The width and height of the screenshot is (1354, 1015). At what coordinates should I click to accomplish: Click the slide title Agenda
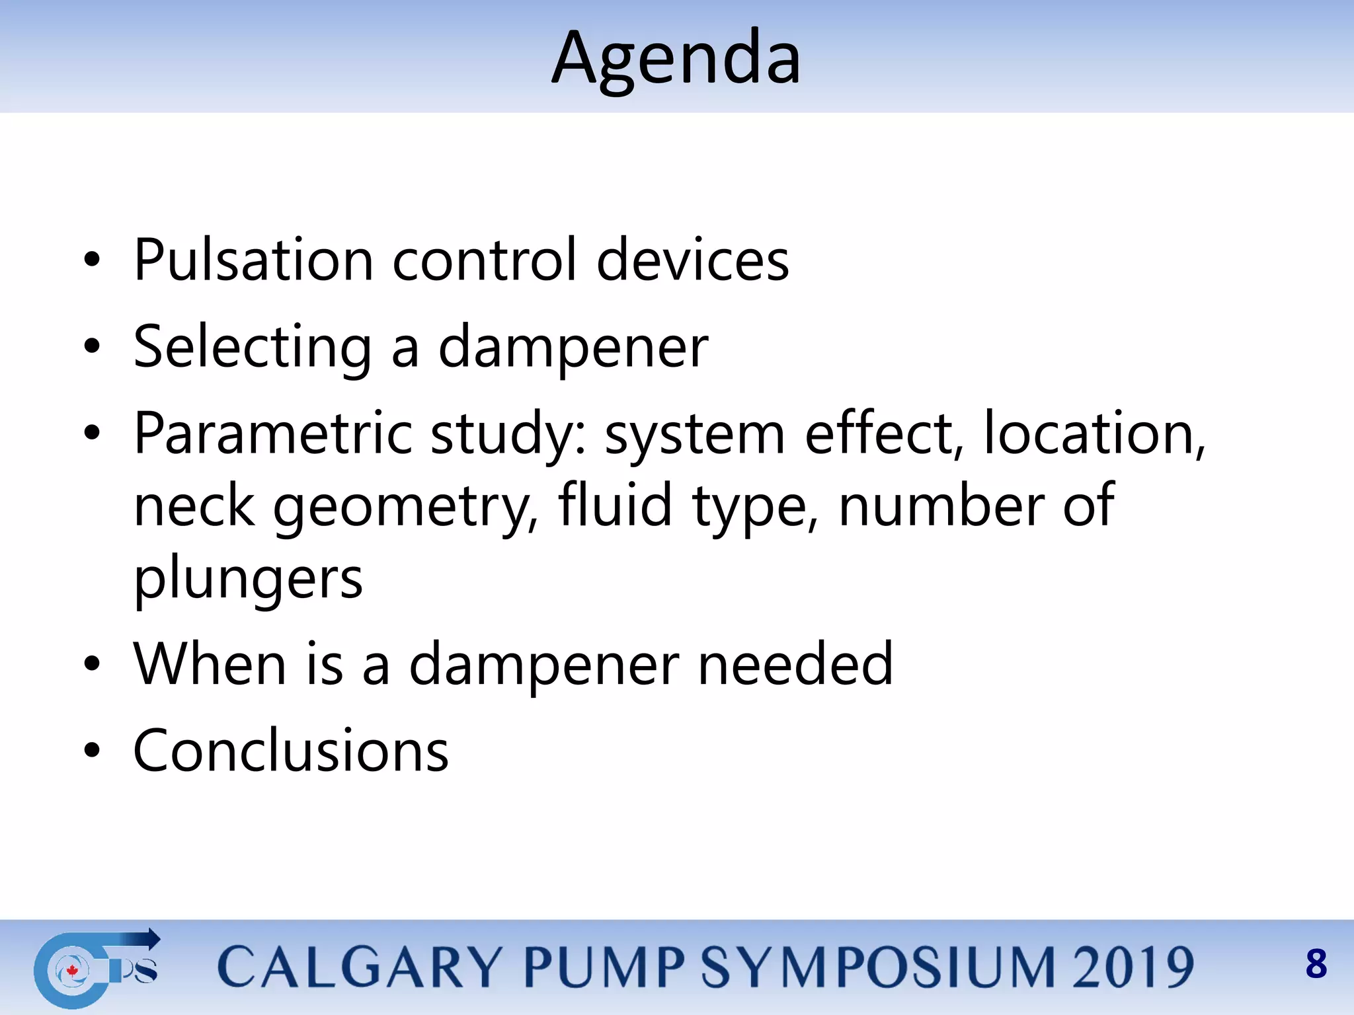coord(676,59)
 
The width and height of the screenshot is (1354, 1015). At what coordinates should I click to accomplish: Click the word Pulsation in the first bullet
coord(253,260)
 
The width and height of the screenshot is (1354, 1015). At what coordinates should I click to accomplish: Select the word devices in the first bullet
coord(692,260)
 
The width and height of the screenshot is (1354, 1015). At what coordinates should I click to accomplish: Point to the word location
coord(1094,433)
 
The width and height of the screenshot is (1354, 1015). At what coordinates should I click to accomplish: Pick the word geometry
coord(405,507)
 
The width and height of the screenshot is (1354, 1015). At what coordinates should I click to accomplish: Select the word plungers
coord(248,579)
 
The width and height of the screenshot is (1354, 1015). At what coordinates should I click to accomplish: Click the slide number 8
coord(1316,964)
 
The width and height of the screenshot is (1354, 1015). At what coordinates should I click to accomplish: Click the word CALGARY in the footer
coord(360,967)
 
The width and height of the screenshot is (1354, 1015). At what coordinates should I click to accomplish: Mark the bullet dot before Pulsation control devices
coord(92,260)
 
